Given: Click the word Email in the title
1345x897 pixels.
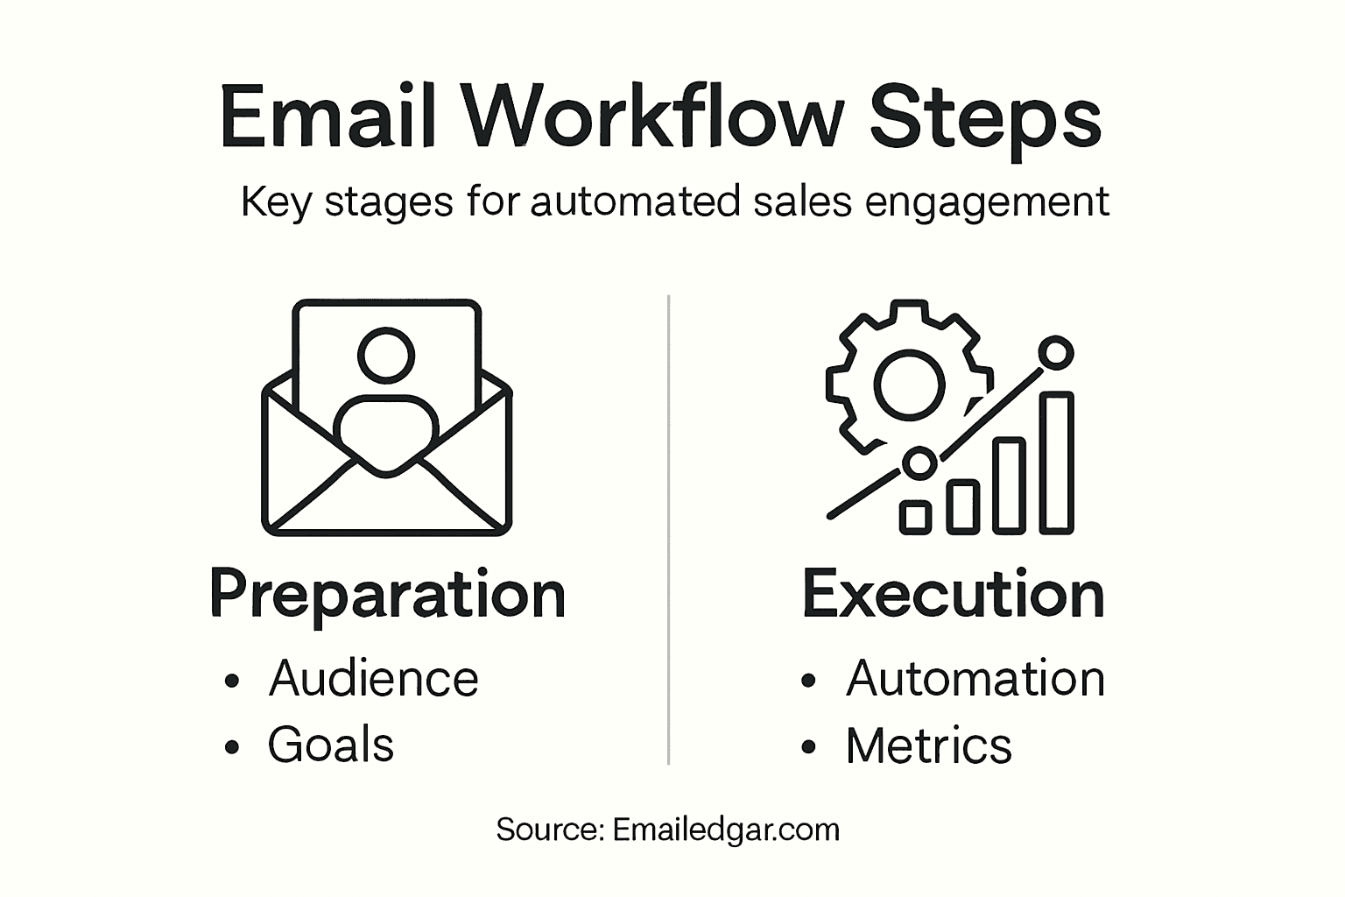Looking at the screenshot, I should pyautogui.click(x=327, y=117).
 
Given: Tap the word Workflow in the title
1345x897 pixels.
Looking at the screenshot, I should pyautogui.click(x=652, y=117).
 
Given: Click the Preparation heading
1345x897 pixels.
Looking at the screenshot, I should pyautogui.click(x=387, y=596).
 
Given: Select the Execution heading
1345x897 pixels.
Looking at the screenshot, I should pyautogui.click(x=953, y=594).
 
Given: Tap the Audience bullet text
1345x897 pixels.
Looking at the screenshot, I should pyautogui.click(x=373, y=679).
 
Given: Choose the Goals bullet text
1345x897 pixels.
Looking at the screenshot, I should pyautogui.click(x=330, y=745).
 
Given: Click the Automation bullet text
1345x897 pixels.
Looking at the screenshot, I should pyautogui.click(x=975, y=679).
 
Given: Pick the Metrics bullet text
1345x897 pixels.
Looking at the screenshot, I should pyautogui.click(x=928, y=746).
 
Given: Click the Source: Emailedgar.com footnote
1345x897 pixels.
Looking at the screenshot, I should pyautogui.click(x=667, y=829).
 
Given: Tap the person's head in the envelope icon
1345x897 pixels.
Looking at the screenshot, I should pyautogui.click(x=385, y=355).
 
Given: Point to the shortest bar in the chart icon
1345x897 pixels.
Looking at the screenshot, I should pyautogui.click(x=916, y=517).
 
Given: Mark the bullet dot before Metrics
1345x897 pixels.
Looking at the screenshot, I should pyautogui.click(x=808, y=746).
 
